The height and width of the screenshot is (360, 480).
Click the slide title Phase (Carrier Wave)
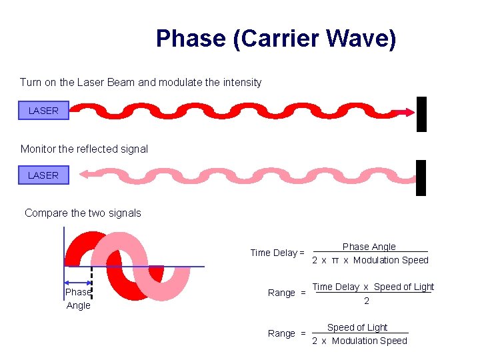pos(275,39)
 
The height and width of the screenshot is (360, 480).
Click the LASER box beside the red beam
pos(43,111)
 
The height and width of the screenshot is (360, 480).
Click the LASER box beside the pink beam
pos(43,175)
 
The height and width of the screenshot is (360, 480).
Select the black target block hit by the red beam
pos(421,114)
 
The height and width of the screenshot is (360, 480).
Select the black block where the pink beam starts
pos(421,177)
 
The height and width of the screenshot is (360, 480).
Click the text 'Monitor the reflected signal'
pos(84,149)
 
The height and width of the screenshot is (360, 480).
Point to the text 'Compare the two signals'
pos(83,213)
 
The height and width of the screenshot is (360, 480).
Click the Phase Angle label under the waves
pos(78,299)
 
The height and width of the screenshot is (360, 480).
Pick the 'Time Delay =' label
pos(277,253)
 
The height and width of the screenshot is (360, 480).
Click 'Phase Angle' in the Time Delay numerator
pos(369,247)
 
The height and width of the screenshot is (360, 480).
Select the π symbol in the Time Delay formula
pos(335,260)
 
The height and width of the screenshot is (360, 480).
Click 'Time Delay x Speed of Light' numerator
pos(373,287)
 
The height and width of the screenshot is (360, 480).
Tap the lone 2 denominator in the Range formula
pos(366,301)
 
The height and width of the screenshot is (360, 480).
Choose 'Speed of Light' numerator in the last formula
pos(357,327)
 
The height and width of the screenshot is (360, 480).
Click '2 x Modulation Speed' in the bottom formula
pos(359,341)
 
